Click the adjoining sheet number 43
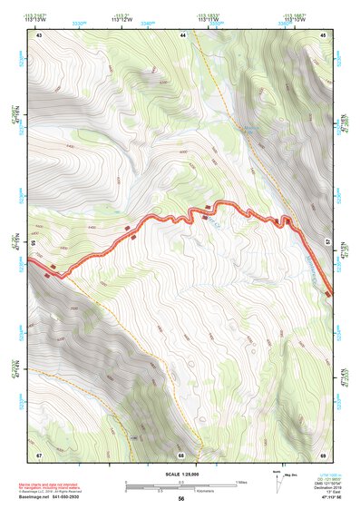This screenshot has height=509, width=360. (x=39, y=34)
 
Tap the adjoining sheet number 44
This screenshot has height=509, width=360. (x=182, y=34)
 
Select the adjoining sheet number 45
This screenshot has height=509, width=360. (x=324, y=34)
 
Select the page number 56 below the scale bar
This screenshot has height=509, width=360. (x=181, y=499)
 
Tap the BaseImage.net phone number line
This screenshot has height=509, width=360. (x=59, y=497)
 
